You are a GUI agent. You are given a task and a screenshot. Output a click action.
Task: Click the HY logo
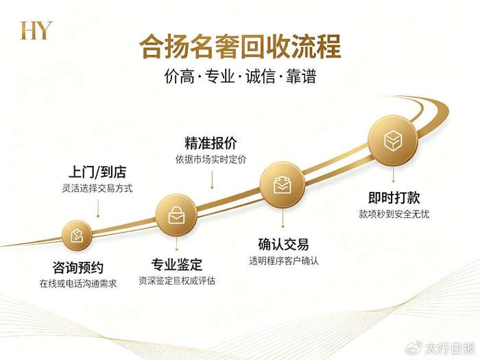coord(36,30)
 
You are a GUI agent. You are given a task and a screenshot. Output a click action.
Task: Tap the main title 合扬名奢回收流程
coord(240,47)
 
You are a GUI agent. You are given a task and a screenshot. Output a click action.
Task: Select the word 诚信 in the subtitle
coord(260,76)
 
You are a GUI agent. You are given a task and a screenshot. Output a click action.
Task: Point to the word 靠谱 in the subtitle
coord(300,76)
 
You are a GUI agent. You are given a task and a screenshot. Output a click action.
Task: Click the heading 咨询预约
coord(78,267)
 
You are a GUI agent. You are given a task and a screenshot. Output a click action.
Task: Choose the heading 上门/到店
coord(97,172)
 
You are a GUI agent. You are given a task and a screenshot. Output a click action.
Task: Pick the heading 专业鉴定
coord(177,265)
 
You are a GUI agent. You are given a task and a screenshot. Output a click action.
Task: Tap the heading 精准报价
coord(211,143)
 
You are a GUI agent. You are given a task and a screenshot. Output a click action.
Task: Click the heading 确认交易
coord(283,244)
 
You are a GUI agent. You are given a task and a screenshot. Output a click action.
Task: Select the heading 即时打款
coord(394,197)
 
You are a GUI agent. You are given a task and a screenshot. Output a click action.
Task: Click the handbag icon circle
coord(176,215)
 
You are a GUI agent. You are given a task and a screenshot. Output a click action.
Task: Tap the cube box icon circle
coord(393,141)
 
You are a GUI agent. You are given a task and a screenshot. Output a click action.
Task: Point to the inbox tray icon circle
coord(283,185)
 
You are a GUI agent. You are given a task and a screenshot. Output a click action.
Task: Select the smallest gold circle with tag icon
coord(77,236)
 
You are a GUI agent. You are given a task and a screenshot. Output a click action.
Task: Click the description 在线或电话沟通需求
coord(78,284)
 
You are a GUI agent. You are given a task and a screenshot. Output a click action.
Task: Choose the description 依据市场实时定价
coord(211,159)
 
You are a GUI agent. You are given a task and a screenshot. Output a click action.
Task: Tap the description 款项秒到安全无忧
coord(394,214)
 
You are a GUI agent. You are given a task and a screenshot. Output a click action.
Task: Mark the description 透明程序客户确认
coord(283,261)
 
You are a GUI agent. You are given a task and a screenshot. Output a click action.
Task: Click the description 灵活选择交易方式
coord(97,189)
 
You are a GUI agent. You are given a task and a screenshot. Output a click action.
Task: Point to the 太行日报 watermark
coord(441,348)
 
